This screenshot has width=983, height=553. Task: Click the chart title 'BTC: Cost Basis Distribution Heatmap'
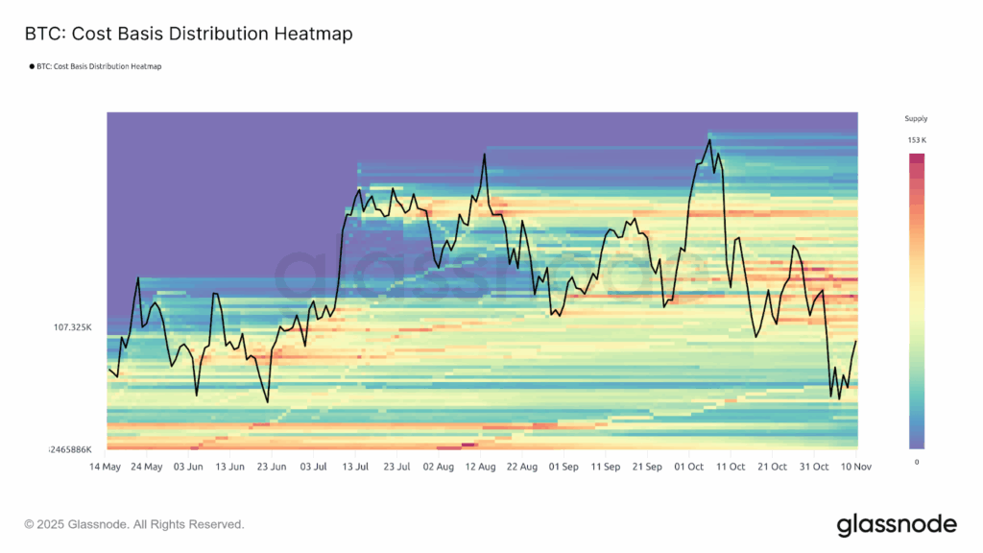pyautogui.click(x=188, y=34)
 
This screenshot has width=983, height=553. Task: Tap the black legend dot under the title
pyautogui.click(x=32, y=66)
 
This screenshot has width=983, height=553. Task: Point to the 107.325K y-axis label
pyautogui.click(x=72, y=327)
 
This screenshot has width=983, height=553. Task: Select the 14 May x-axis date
pyautogui.click(x=106, y=467)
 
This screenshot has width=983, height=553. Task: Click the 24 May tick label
pyautogui.click(x=147, y=467)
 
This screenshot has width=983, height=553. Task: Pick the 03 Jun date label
pyautogui.click(x=188, y=467)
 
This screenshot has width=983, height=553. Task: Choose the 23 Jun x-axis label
pyautogui.click(x=272, y=467)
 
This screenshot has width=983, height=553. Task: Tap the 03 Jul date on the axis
pyautogui.click(x=314, y=467)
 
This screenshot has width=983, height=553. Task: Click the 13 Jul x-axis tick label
pyautogui.click(x=355, y=467)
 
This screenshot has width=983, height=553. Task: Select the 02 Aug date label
pyautogui.click(x=439, y=467)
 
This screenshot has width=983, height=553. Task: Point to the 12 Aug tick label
pyautogui.click(x=480, y=467)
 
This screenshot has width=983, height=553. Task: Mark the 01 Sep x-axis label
pyautogui.click(x=563, y=467)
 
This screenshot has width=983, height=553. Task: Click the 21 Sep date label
pyautogui.click(x=647, y=467)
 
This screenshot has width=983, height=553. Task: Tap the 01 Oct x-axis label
pyautogui.click(x=689, y=467)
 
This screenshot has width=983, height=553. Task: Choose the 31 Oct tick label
pyautogui.click(x=814, y=467)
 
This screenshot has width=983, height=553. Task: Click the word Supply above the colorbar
pyautogui.click(x=917, y=119)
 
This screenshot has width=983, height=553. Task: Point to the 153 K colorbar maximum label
pyautogui.click(x=917, y=141)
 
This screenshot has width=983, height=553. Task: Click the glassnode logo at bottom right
pyautogui.click(x=897, y=524)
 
